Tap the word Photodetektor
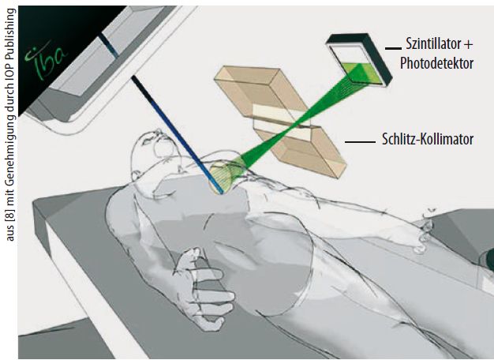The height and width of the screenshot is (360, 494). click(x=436, y=63)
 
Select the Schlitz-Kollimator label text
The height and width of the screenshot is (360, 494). click(x=428, y=139)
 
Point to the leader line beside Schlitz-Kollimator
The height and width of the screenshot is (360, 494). click(x=360, y=142)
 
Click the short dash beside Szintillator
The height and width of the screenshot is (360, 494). click(x=393, y=48)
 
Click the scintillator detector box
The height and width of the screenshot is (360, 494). click(x=359, y=59)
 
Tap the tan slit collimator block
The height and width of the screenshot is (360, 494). click(x=280, y=122)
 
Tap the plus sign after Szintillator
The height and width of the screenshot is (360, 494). click(x=468, y=44)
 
